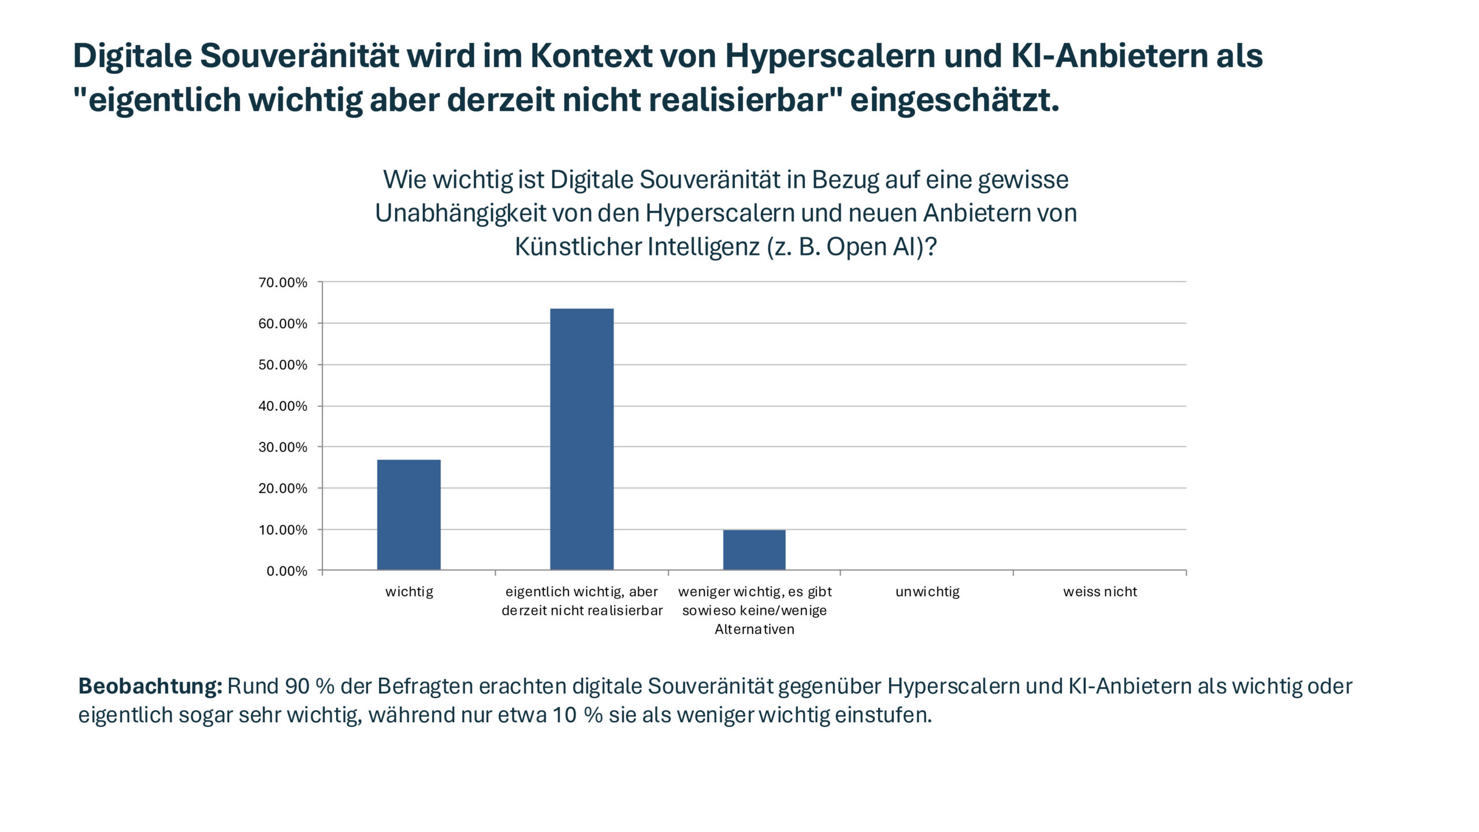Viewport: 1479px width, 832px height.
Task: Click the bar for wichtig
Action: pos(408,514)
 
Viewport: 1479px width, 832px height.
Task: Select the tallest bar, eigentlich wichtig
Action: pos(581,439)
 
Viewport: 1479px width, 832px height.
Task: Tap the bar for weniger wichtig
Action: pos(754,549)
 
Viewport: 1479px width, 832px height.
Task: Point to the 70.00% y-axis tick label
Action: pos(283,283)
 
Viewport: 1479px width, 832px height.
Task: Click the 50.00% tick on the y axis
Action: pos(283,365)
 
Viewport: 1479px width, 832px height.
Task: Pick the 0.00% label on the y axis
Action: pos(287,571)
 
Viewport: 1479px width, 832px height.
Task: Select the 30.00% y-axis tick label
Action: pos(283,447)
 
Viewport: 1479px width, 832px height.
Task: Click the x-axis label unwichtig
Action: pos(927,592)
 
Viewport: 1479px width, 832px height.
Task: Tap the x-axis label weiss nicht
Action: pos(1100,592)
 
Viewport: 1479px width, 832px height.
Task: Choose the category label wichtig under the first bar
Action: pos(409,592)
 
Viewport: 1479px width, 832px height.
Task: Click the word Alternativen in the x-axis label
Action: pos(754,629)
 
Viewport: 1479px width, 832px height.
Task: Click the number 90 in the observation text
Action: pos(298,686)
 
